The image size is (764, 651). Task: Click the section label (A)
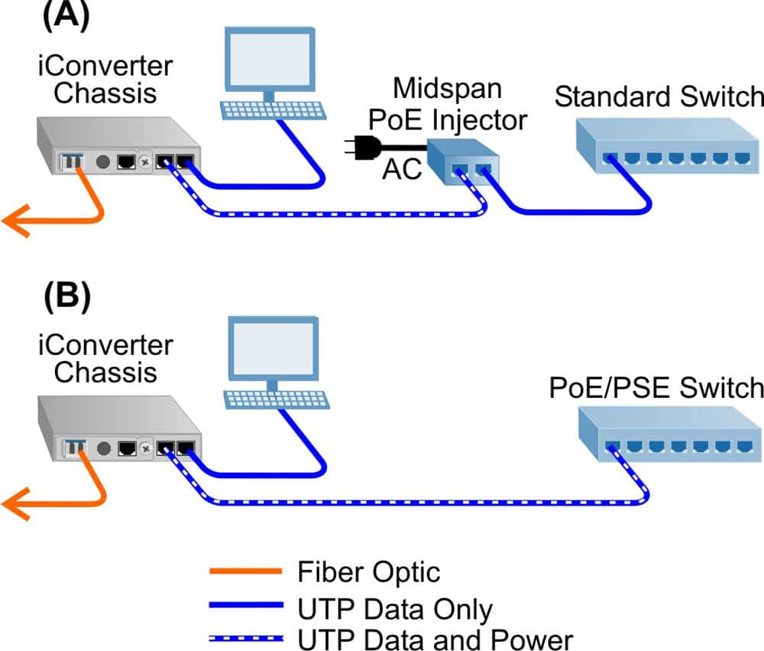click(x=67, y=16)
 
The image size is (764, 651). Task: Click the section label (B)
click(x=66, y=296)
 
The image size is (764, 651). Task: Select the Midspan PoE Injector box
click(x=462, y=163)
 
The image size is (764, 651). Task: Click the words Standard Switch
click(x=659, y=97)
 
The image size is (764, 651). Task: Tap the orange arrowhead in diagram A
click(x=15, y=220)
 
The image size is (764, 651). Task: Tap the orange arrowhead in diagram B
click(x=15, y=503)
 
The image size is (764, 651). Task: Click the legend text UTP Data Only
click(x=394, y=609)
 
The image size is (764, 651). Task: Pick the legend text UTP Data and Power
click(x=434, y=639)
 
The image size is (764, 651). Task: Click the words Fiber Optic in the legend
click(x=369, y=571)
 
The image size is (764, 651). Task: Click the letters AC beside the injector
click(x=402, y=171)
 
